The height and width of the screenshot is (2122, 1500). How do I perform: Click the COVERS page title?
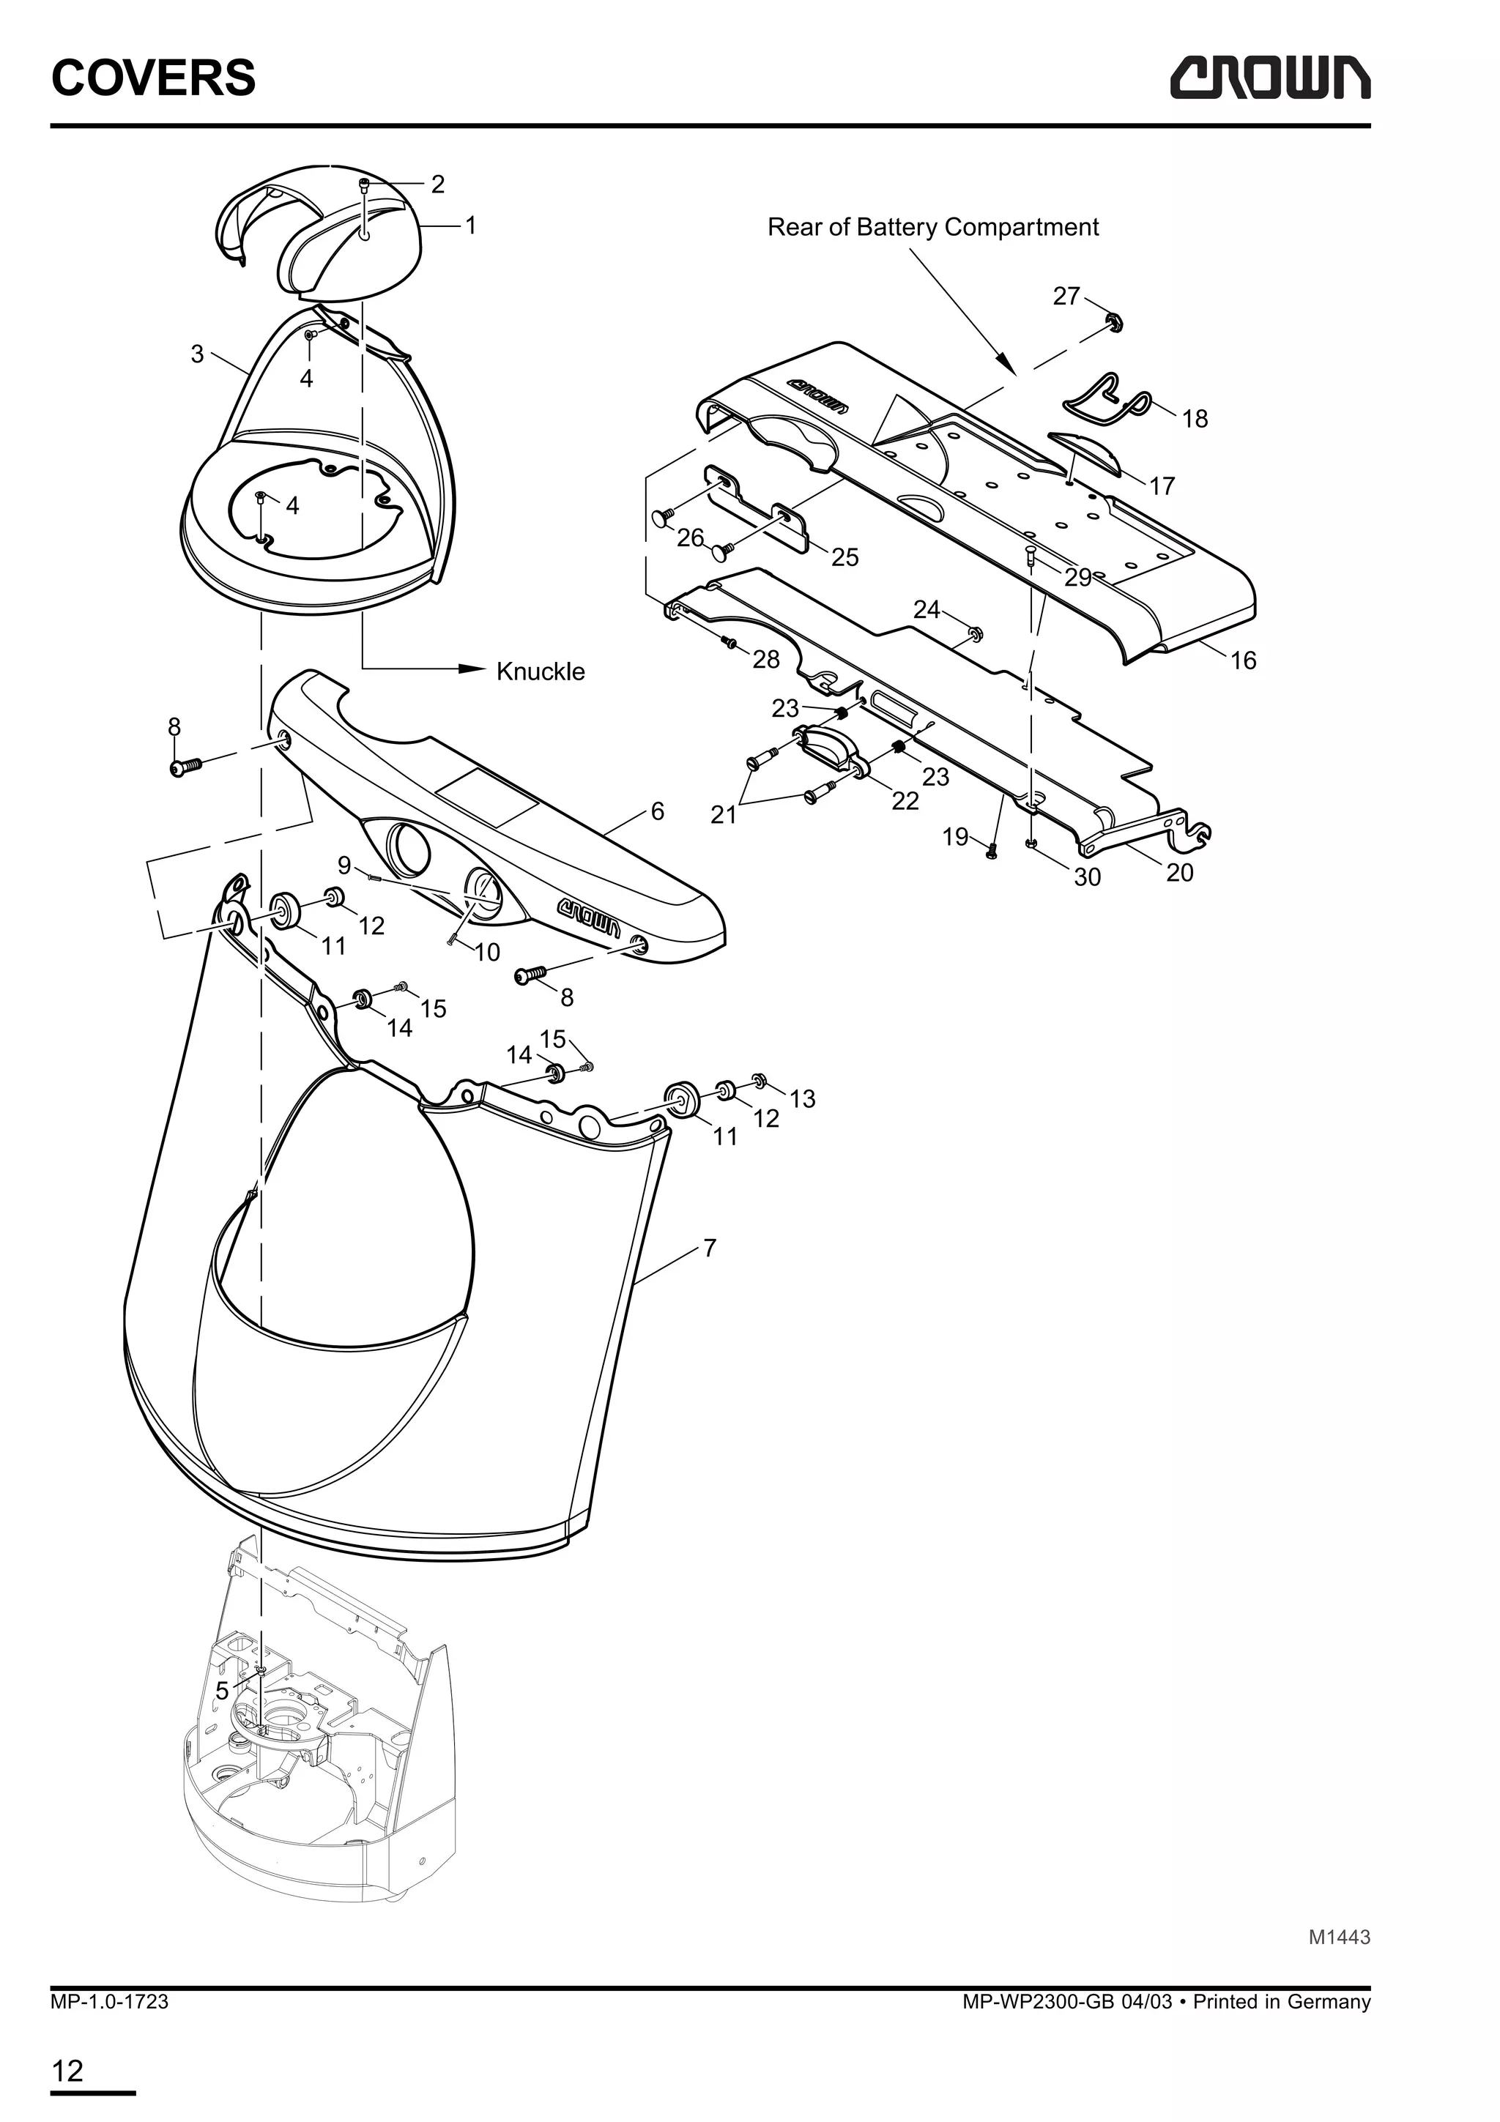point(153,78)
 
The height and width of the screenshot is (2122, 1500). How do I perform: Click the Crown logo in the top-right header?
point(1270,78)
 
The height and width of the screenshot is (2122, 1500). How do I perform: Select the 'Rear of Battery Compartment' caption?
point(932,227)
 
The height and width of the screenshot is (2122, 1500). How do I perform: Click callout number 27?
point(1066,296)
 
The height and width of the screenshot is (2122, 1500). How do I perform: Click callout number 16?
point(1243,660)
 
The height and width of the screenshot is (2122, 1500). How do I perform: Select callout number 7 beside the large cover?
point(709,1248)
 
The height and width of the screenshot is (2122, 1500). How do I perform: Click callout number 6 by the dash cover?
point(657,811)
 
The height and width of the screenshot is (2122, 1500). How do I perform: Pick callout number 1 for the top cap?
point(470,225)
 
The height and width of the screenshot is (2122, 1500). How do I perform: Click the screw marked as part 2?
point(365,184)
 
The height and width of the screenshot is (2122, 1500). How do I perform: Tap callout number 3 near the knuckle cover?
point(197,354)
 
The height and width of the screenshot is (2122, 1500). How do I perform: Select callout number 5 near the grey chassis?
point(222,1691)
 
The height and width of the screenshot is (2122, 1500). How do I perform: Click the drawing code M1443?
point(1338,1937)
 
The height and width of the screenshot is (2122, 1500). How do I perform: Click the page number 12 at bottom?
point(67,2071)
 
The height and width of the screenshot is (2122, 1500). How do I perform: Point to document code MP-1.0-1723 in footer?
point(109,2002)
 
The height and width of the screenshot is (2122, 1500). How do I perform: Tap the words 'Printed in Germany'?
point(1281,2002)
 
